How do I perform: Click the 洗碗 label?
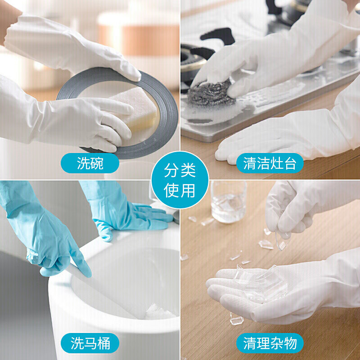90,163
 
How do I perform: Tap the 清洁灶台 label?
270,163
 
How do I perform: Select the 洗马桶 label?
90,344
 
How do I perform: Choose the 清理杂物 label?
270,344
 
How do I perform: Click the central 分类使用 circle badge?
180,180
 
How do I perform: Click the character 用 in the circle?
188,190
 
